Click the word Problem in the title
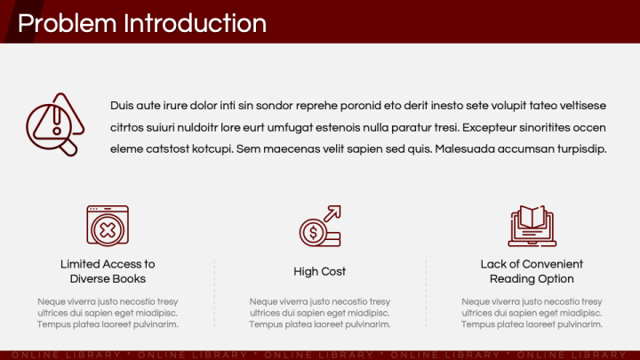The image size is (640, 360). pos(68,24)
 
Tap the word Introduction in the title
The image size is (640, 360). pos(195,23)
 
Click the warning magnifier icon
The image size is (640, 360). pos(55,124)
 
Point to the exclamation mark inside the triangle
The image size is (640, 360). pos(57,121)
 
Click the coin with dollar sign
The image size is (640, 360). pos(313,233)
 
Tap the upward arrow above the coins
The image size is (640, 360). pos(332,213)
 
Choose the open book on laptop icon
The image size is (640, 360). pos(532,226)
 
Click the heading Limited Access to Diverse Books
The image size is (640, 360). pos(108,271)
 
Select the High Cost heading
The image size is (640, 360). pos(320,271)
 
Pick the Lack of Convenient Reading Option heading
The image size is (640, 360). pos(532,271)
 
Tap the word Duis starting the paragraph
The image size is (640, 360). pos(122,106)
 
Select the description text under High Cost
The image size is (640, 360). pos(320,313)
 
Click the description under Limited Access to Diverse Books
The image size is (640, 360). pos(108,313)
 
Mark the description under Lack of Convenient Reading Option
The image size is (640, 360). pos(532,313)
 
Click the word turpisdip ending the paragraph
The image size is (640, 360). pos(582,149)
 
